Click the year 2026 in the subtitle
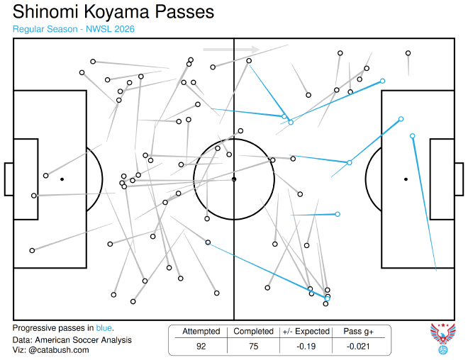point(125,29)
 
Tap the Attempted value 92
point(201,347)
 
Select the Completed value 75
point(253,347)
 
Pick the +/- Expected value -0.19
point(306,347)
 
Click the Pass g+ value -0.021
point(358,347)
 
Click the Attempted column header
point(201,332)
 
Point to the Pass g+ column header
point(358,332)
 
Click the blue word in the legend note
point(104,328)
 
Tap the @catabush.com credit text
point(59,350)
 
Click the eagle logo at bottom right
point(443,339)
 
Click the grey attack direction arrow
point(231,50)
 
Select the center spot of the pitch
point(234,179)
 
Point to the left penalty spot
point(62,179)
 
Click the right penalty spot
point(406,179)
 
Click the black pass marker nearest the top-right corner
point(408,53)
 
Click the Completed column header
point(253,332)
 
